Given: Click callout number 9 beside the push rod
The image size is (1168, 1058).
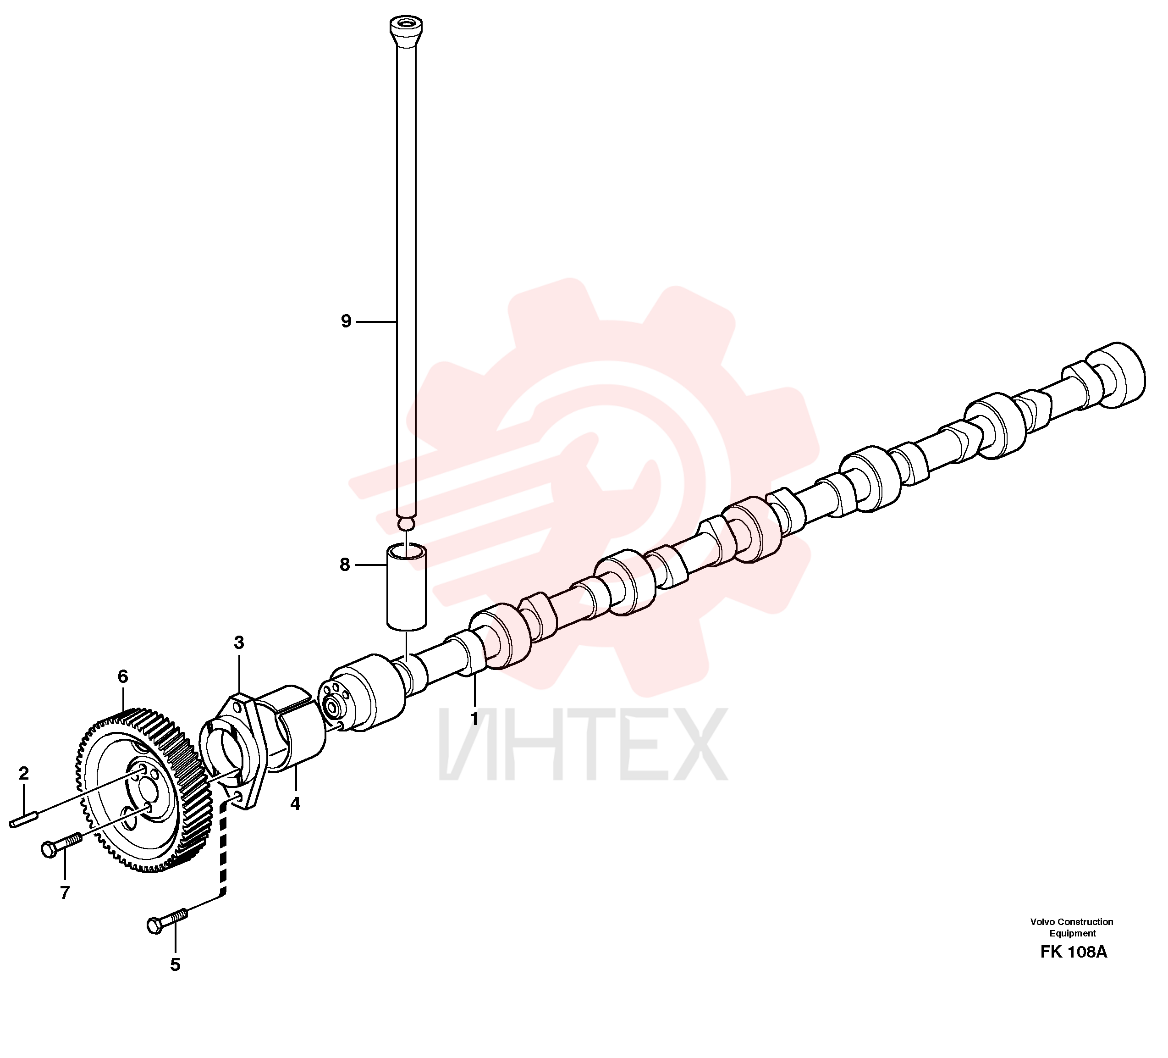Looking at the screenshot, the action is click(x=347, y=322).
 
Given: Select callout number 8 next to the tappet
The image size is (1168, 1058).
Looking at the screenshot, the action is click(x=345, y=565).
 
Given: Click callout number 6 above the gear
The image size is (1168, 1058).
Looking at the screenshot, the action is click(x=123, y=676).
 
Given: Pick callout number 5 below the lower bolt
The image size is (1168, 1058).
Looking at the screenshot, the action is click(x=176, y=965).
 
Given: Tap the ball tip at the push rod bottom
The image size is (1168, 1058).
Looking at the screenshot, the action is click(x=407, y=523).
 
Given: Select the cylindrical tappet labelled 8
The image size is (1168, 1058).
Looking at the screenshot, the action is click(x=407, y=587).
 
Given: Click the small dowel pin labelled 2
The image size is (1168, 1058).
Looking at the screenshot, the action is click(x=24, y=820).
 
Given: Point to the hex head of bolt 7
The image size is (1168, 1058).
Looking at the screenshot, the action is click(x=50, y=850).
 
